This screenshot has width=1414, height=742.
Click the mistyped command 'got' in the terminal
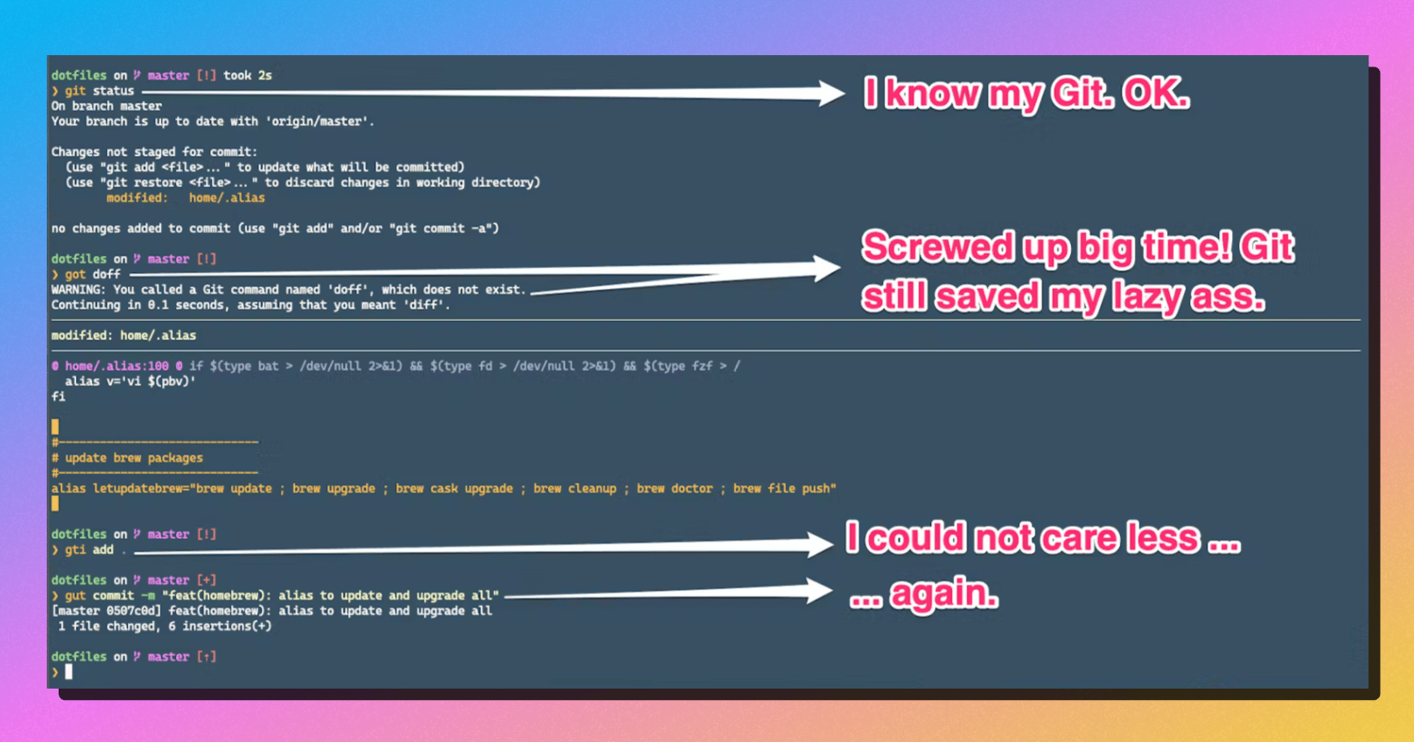(x=75, y=275)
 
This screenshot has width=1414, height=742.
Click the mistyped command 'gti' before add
(x=75, y=550)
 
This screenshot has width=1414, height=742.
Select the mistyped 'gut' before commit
(x=75, y=596)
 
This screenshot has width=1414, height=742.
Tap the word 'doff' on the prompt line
(x=107, y=275)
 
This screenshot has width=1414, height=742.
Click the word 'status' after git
(x=114, y=91)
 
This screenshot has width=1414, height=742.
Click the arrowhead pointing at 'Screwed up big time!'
(x=826, y=269)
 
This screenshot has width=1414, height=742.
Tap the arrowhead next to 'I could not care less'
(x=819, y=545)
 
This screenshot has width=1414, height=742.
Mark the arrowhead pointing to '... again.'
(x=819, y=591)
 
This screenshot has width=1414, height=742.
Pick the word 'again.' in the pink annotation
(x=944, y=595)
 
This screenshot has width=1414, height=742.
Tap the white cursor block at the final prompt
(x=69, y=672)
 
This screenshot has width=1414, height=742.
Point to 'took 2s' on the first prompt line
(x=248, y=76)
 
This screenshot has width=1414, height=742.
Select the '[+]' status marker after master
(x=206, y=580)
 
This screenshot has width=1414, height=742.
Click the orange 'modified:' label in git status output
(x=137, y=199)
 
